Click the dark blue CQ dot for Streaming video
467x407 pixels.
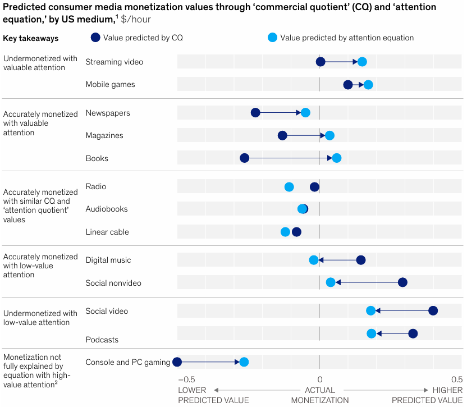coord(321,62)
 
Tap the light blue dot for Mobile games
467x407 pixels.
coord(368,85)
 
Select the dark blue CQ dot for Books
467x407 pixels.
coord(245,158)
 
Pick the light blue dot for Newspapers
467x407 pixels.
coord(305,113)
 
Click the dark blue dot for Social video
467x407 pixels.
coord(433,311)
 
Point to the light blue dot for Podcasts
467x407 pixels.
coord(372,334)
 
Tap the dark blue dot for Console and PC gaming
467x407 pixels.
coord(177,362)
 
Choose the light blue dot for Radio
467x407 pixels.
coord(289,187)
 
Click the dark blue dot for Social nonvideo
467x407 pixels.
coord(402,282)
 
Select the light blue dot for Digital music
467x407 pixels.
coord(314,260)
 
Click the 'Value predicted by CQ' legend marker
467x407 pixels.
coord(95,38)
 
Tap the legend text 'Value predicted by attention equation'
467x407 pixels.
coord(347,38)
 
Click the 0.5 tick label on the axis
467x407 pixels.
coord(457,379)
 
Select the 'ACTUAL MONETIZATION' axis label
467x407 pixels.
coord(319,395)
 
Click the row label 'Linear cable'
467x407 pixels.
coord(107,232)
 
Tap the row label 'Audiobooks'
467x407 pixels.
coord(107,209)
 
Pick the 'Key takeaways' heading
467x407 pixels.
coord(31,38)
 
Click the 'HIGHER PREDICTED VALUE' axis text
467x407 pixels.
coord(427,395)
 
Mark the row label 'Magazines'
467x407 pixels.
coord(104,135)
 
